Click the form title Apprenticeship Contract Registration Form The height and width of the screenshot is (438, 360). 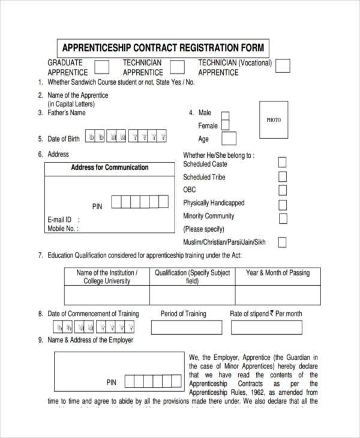point(163,47)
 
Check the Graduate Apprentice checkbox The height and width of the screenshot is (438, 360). point(103,66)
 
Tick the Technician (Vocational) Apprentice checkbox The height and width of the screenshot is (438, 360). point(283,66)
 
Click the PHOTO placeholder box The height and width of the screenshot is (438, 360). point(273,120)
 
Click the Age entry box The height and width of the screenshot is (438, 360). point(229,139)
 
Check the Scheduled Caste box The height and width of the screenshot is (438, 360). point(282,163)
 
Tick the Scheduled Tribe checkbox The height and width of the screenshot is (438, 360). point(282,176)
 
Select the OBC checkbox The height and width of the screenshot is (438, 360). point(282,190)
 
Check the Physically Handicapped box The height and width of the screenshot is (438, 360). point(282,204)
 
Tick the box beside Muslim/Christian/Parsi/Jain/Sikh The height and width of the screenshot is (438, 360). point(282,242)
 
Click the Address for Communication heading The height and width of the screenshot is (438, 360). point(109,168)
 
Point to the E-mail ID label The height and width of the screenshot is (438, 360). point(60,220)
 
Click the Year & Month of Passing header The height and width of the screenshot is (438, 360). point(278,273)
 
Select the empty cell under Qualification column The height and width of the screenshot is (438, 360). point(192,295)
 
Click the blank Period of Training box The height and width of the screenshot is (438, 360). point(185,328)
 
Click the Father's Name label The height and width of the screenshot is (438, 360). point(67,113)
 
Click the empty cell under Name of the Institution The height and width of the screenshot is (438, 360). point(107,295)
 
